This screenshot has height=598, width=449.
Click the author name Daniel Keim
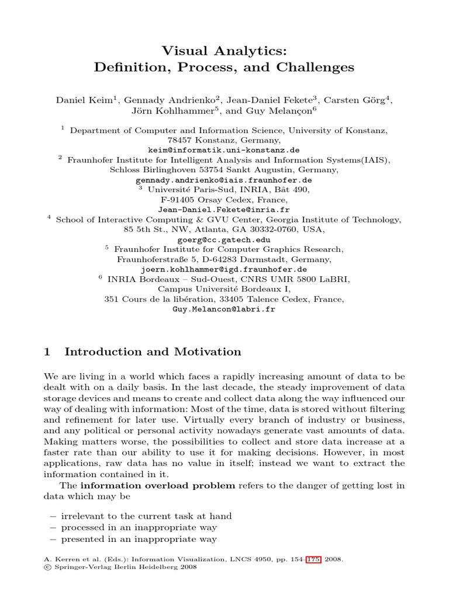77,100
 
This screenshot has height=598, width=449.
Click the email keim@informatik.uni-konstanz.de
224,150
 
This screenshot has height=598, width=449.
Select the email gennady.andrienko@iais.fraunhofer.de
224,180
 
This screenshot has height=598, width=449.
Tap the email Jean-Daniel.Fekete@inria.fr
224,210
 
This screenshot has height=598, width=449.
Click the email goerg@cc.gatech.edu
224,239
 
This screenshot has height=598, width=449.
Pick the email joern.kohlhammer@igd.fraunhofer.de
224,269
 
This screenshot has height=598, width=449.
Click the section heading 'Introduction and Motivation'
153,352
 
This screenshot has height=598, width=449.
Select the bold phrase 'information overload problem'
158,485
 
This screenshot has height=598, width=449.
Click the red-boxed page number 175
313,559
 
